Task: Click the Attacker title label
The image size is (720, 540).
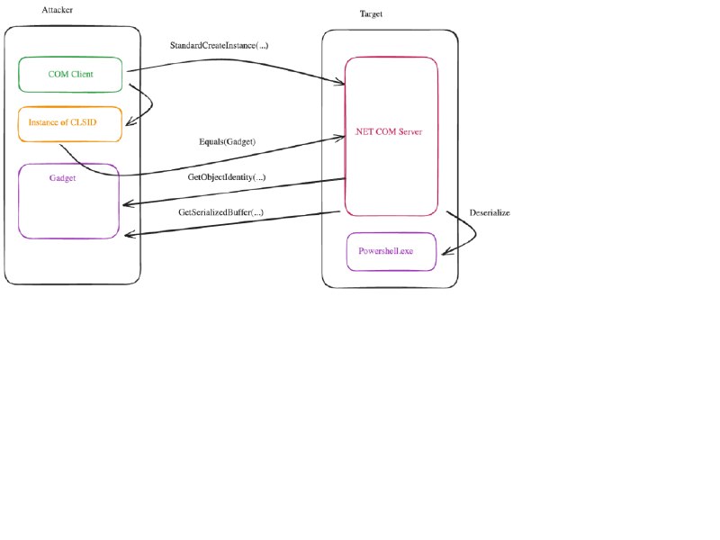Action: (58, 10)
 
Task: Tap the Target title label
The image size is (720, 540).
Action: (371, 13)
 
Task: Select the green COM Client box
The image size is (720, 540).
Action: (70, 75)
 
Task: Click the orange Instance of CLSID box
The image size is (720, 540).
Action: (70, 124)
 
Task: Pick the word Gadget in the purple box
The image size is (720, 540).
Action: (62, 178)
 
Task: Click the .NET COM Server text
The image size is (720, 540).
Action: (389, 131)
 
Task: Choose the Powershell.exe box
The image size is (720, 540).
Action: (391, 252)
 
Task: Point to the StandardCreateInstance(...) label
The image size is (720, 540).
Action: (219, 46)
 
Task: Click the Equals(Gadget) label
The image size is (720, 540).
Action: (228, 141)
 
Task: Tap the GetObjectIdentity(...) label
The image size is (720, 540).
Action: (227, 177)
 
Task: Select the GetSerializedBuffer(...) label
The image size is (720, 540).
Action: (220, 212)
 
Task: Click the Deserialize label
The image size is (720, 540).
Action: (490, 212)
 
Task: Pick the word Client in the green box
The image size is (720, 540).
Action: (82, 75)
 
